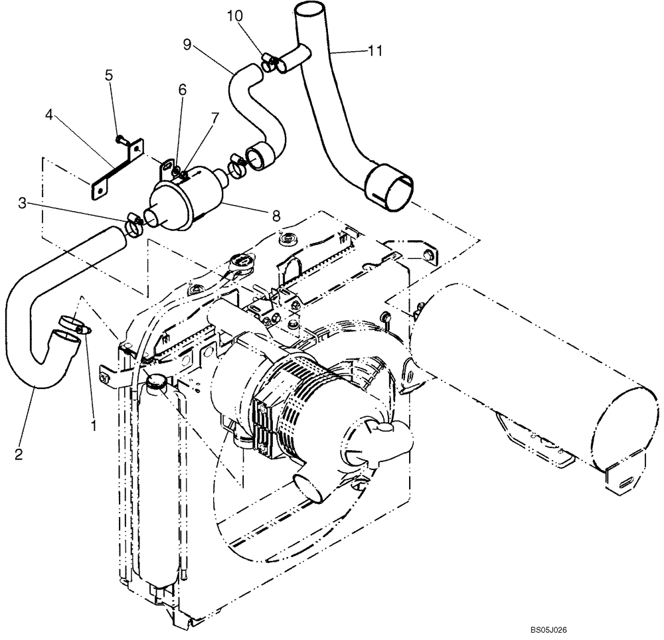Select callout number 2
pos(19,454)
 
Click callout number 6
pos(182,89)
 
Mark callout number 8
pos(276,215)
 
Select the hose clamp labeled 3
pos(132,226)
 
